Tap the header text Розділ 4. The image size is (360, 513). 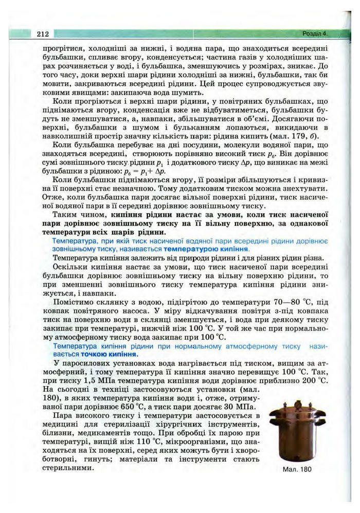(x=315, y=34)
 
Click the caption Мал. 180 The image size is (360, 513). (x=297, y=469)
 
